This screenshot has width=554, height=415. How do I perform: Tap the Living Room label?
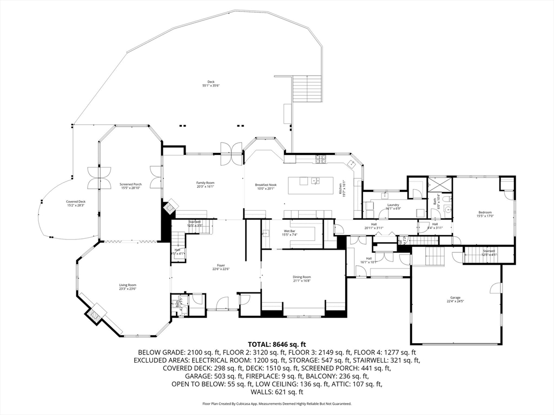pyautogui.click(x=128, y=286)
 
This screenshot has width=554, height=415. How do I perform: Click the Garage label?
pyautogui.click(x=455, y=299)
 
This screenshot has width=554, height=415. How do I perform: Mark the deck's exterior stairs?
pyautogui.click(x=307, y=89)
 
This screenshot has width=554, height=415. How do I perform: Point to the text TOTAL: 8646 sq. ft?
pyautogui.click(x=277, y=344)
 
